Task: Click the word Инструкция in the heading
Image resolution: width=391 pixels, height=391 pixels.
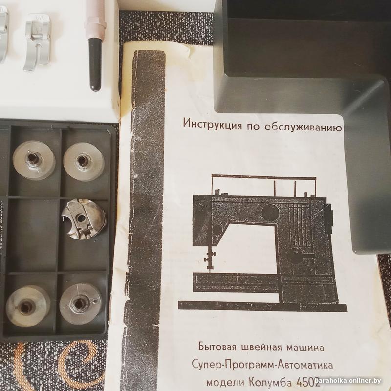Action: tap(213, 124)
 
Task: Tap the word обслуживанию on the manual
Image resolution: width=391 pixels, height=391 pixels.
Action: tap(303, 127)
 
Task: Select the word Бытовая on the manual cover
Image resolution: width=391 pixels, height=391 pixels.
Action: tap(217, 347)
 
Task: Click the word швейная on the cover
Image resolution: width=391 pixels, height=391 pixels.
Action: tap(261, 348)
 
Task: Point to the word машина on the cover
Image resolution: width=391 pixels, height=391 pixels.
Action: tap(305, 348)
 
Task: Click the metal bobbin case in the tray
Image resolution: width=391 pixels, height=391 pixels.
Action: tap(84, 219)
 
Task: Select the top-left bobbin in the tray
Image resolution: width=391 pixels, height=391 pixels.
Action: tap(34, 160)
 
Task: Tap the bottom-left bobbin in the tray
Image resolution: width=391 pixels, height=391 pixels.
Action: tap(27, 306)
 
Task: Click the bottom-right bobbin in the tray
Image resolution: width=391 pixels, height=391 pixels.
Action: tap(81, 304)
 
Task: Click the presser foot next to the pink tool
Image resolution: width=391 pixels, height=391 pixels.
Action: tap(38, 43)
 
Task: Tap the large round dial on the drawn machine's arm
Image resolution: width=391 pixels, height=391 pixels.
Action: tap(270, 212)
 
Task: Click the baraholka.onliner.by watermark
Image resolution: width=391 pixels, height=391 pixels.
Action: tap(348, 381)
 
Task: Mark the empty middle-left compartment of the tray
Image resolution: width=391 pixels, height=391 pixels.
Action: tap(33, 235)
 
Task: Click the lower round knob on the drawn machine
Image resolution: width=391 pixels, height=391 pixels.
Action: tap(295, 256)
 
